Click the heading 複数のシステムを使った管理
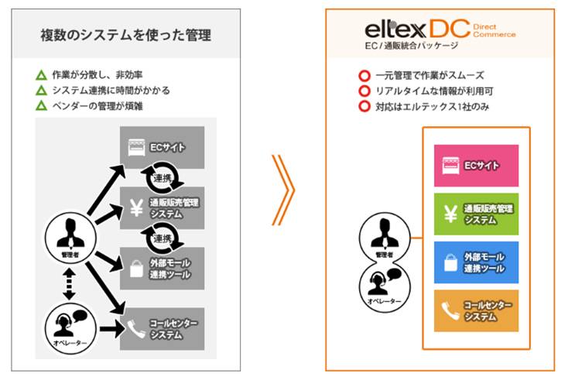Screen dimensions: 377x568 click(125, 35)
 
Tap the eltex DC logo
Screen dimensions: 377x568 click(439, 29)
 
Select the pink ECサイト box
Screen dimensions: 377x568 click(476, 165)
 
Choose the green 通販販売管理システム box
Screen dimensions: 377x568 click(476, 214)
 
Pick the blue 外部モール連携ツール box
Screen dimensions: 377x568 click(476, 262)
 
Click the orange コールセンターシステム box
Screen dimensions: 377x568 click(476, 310)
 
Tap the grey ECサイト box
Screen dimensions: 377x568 click(162, 146)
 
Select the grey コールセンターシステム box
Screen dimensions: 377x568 click(162, 328)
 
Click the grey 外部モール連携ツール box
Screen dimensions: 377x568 click(162, 268)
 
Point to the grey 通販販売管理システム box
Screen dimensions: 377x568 click(162, 207)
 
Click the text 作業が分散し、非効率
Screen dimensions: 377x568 click(96, 75)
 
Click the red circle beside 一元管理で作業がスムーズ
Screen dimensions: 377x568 click(364, 76)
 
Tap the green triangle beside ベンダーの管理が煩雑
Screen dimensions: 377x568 click(42, 105)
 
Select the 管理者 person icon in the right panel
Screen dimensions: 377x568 click(379, 238)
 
